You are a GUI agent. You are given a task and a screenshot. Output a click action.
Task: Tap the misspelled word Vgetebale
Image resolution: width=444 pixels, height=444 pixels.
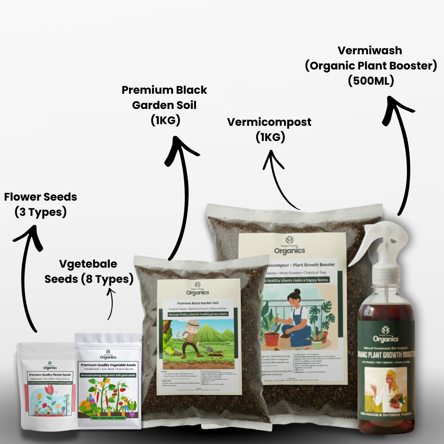[x=88, y=264]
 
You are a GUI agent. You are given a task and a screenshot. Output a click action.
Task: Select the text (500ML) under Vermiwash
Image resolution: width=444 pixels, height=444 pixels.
[x=371, y=81]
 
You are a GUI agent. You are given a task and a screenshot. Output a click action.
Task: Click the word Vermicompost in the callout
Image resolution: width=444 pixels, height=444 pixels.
[x=269, y=122]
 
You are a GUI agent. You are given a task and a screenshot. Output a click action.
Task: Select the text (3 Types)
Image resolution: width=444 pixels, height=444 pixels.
[x=41, y=213]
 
